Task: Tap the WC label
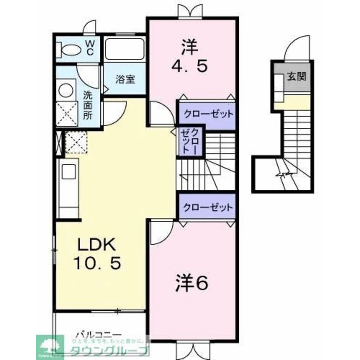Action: [x=90, y=48]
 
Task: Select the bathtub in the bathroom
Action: [x=125, y=49]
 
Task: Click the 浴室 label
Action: [x=125, y=80]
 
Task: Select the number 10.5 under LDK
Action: [x=97, y=265]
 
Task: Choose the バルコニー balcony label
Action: [x=95, y=334]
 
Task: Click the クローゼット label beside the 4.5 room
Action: [x=208, y=115]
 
